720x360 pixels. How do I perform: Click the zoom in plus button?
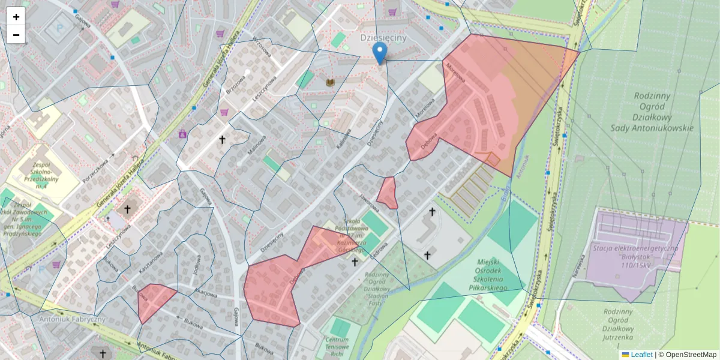(16, 17)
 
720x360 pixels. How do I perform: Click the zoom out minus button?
(16, 35)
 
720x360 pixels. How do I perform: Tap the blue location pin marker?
(379, 53)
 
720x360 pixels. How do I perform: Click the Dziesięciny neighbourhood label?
(383, 37)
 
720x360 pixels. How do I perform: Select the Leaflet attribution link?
(641, 355)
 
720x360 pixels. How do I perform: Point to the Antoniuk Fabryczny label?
(71, 319)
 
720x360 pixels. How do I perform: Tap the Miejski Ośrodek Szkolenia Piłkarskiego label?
(483, 275)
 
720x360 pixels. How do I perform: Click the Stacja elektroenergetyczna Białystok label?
(635, 252)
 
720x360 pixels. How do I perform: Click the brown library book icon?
(329, 82)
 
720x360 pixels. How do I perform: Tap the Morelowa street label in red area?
(456, 72)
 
